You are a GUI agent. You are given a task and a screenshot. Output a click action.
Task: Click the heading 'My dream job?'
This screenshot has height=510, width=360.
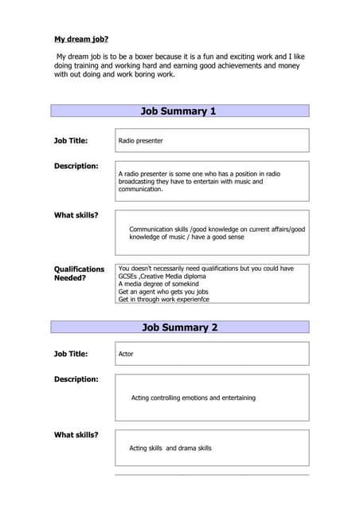pyautogui.click(x=81, y=39)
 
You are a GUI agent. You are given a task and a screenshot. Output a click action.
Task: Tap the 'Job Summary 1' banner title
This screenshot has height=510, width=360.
pyautogui.click(x=178, y=111)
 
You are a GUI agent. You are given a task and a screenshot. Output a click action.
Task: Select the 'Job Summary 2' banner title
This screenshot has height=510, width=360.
pyautogui.click(x=179, y=328)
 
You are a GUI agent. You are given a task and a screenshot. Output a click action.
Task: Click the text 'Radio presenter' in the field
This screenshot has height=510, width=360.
pyautogui.click(x=140, y=141)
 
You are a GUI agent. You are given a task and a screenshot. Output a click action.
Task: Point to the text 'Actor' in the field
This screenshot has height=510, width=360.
pyautogui.click(x=126, y=354)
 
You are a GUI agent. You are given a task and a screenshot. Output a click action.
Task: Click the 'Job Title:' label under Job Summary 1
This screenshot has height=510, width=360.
pyautogui.click(x=71, y=141)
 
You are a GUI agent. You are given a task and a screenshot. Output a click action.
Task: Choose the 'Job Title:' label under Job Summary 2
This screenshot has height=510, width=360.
pyautogui.click(x=71, y=354)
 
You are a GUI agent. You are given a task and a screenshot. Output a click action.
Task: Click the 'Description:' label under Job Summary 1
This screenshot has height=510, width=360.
pyautogui.click(x=76, y=166)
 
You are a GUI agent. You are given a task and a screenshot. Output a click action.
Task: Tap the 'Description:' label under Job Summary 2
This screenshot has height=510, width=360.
pyautogui.click(x=76, y=379)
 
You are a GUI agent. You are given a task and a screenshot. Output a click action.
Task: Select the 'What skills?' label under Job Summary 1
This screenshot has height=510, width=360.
pyautogui.click(x=76, y=215)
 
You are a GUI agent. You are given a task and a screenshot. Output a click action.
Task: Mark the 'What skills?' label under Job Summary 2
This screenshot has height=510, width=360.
pyautogui.click(x=76, y=435)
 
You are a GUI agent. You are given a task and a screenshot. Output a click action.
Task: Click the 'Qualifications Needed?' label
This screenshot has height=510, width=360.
pyautogui.click(x=79, y=273)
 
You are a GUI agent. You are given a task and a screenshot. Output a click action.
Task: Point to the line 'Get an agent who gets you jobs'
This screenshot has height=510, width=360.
pyautogui.click(x=163, y=292)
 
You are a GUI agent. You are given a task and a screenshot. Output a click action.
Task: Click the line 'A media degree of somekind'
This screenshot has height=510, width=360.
pyautogui.click(x=158, y=284)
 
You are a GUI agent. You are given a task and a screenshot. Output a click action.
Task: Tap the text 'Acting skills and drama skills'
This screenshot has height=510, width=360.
pyautogui.click(x=170, y=449)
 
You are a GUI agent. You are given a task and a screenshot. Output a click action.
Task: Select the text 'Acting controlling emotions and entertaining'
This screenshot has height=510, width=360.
pyautogui.click(x=193, y=398)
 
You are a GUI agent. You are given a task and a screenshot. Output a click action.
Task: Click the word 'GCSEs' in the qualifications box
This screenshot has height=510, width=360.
pyautogui.click(x=127, y=277)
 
